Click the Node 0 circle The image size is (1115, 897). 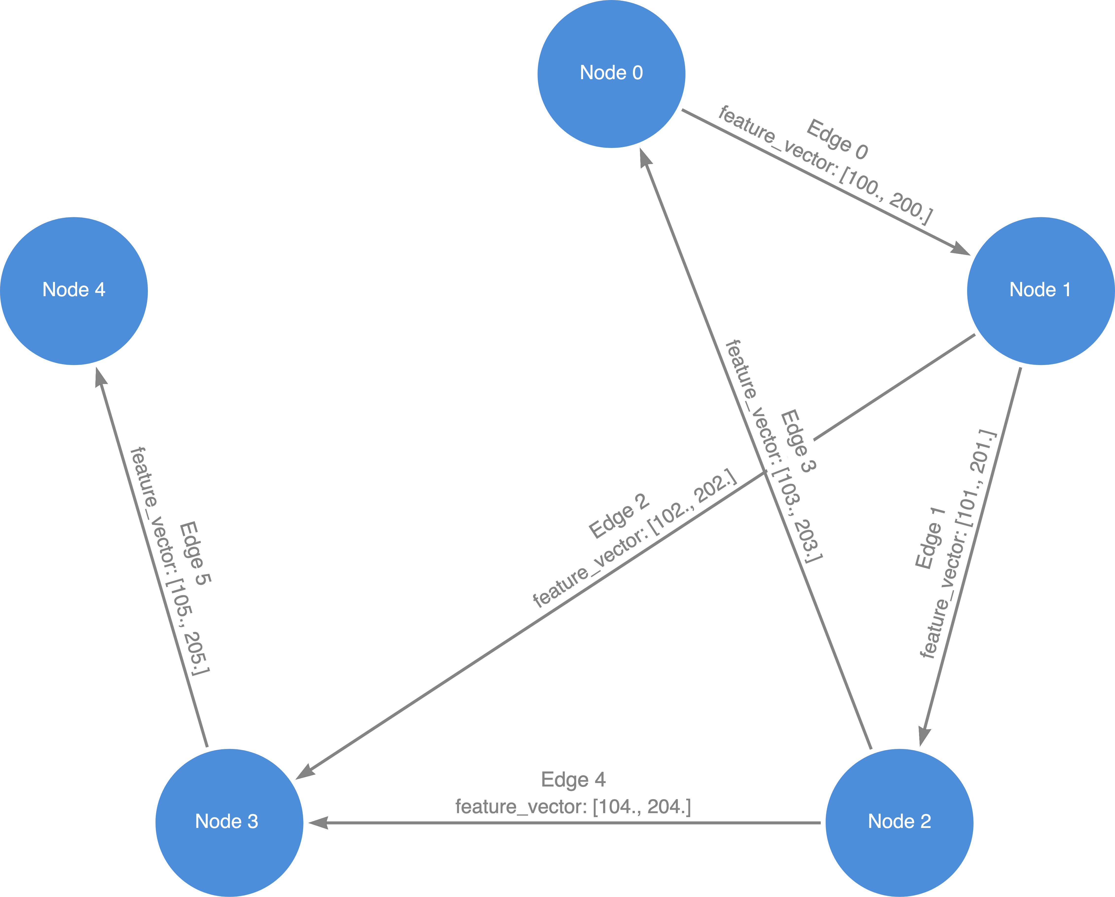611,74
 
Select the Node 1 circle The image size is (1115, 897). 1041,291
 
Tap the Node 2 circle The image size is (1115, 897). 899,823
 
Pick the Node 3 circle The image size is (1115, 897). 229,823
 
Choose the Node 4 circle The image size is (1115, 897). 74,291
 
